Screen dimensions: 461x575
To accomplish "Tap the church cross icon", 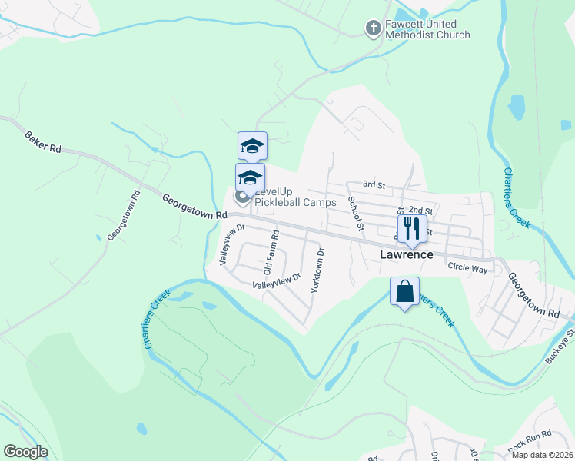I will coord(373,29).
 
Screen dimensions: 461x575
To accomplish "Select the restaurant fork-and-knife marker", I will coord(411,227).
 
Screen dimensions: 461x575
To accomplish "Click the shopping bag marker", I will coord(404,291).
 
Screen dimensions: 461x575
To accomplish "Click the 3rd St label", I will coord(374,184).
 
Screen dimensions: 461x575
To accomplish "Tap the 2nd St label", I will coord(420,210).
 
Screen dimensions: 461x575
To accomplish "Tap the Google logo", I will coord(25,452).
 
